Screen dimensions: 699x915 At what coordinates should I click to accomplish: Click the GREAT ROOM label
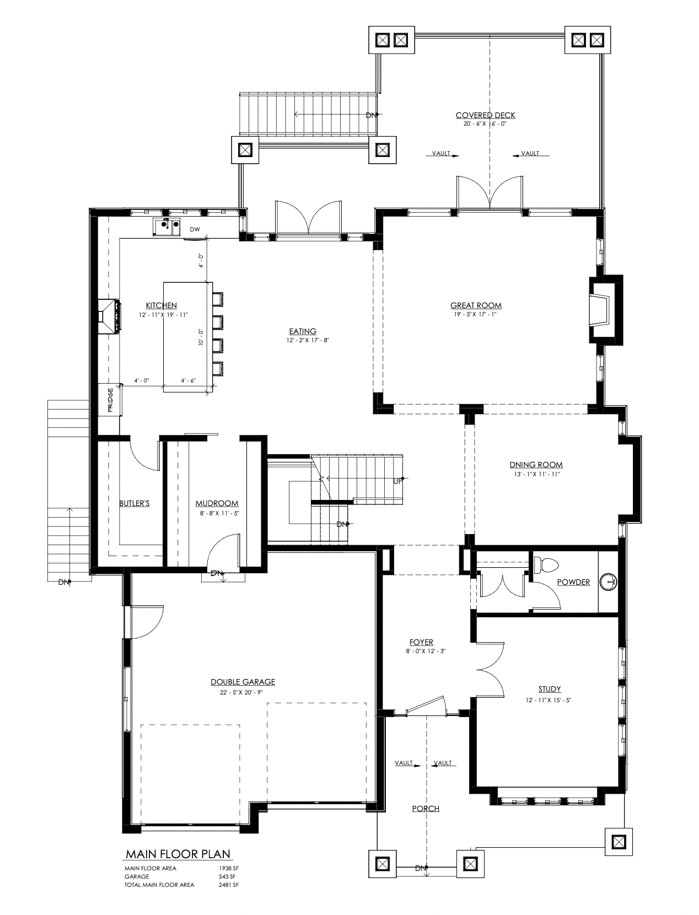coord(476,305)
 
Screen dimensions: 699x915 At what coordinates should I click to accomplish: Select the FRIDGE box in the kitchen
coord(110,400)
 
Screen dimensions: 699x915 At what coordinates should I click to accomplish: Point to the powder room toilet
coord(546,565)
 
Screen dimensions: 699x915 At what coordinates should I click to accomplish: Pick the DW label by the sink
coord(195,229)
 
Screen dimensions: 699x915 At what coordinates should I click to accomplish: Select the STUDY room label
coord(550,689)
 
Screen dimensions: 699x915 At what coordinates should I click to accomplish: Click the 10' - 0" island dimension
coord(201,337)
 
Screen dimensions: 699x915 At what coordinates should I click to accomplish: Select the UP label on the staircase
coord(398,481)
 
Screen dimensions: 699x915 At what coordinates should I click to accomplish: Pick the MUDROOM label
coord(217,504)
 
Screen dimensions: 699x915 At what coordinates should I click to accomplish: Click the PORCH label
coord(426,809)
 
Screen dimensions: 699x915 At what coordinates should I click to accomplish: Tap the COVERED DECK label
coord(485,115)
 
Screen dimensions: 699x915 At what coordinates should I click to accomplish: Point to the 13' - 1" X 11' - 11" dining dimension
coord(536,474)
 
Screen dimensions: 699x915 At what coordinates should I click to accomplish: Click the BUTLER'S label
coord(134,503)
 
